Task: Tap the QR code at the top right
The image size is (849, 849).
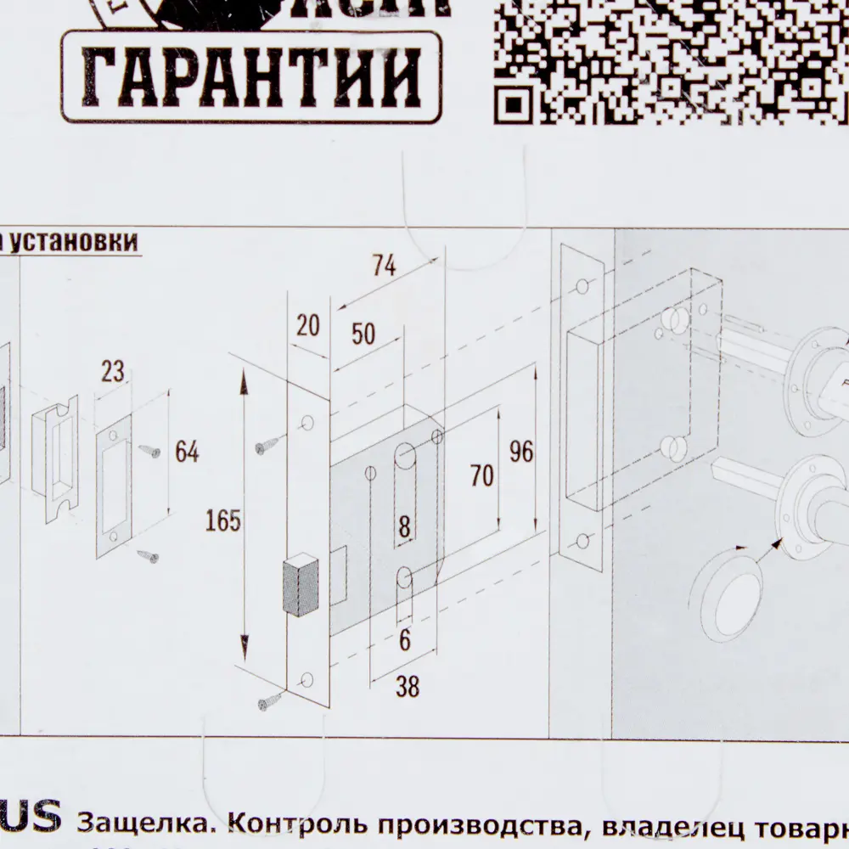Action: click(671, 59)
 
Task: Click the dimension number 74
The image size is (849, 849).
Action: click(383, 266)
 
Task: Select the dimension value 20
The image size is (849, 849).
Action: click(307, 325)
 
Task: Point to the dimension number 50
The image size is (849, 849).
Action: click(363, 334)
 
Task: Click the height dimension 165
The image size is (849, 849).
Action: click(223, 521)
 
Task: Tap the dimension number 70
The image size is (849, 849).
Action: click(481, 476)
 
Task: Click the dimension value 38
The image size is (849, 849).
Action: click(408, 687)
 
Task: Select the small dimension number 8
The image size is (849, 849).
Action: click(405, 527)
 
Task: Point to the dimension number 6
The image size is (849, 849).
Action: click(405, 639)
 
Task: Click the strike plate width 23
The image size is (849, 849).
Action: click(112, 371)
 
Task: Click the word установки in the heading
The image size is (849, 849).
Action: click(72, 243)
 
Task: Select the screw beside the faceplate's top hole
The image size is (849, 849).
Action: click(271, 443)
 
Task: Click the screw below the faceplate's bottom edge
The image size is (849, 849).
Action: click(271, 701)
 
